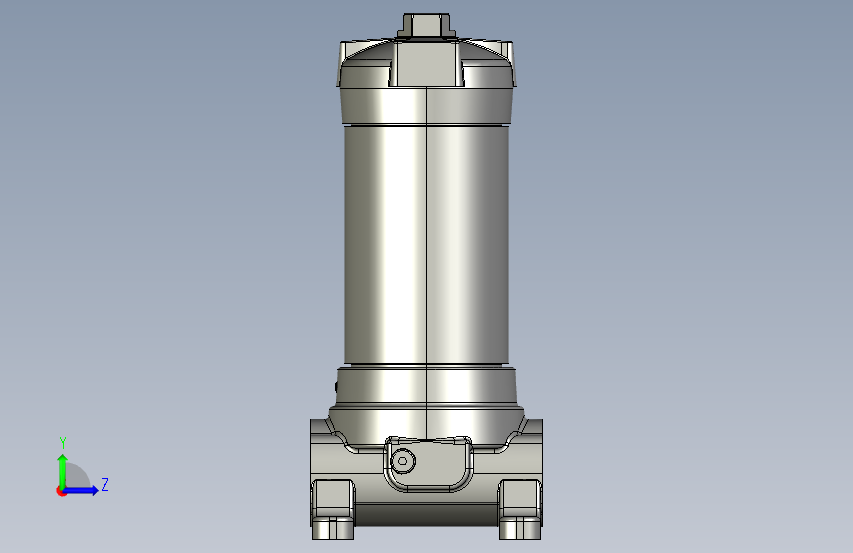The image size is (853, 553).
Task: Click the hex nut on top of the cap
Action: coord(427,26)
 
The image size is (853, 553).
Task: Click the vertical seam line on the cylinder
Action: coord(427,263)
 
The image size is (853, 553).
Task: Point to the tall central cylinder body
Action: coord(427,245)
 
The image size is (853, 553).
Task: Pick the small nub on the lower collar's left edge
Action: coord(336,387)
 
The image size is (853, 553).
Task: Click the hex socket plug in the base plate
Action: coord(402,461)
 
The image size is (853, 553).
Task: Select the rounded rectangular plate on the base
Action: coord(428,463)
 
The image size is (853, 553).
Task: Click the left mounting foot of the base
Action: coord(333,510)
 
